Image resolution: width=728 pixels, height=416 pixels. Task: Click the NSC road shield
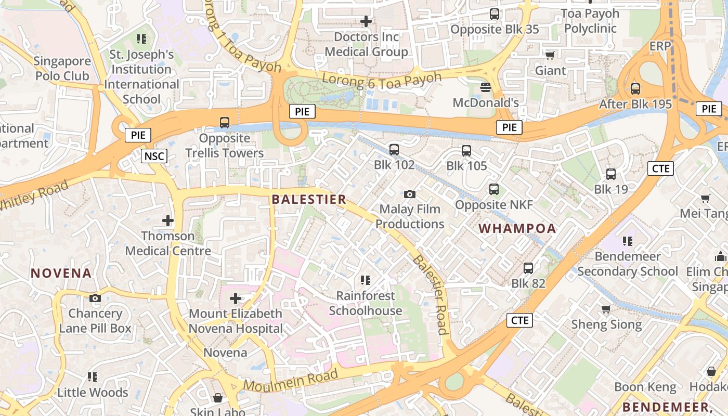tap(154, 155)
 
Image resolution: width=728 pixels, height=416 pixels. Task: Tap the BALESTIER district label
tap(309, 199)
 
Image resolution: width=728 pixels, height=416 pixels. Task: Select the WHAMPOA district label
tap(517, 228)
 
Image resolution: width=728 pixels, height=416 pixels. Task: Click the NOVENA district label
tap(61, 273)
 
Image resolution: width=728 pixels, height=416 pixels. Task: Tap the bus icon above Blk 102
tap(394, 150)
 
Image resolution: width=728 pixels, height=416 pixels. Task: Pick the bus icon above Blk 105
tap(466, 151)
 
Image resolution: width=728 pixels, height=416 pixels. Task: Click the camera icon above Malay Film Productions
tap(410, 194)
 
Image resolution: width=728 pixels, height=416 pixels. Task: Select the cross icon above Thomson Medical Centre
tap(167, 220)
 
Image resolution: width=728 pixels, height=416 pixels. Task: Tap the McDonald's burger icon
tap(486, 87)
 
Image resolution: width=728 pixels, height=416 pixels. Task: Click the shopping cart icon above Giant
tap(550, 55)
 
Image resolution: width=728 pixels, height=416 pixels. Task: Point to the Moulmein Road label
tap(291, 380)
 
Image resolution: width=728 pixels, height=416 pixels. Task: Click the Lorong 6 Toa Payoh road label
tap(382, 79)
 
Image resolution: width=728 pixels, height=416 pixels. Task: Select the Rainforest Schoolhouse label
tap(366, 303)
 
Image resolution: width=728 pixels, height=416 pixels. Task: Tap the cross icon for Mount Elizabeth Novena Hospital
tap(236, 298)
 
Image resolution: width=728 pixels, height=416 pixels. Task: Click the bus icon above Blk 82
tap(528, 268)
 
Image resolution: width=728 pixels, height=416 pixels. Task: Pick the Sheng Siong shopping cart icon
tap(606, 309)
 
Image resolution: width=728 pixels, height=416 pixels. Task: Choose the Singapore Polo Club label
tap(62, 68)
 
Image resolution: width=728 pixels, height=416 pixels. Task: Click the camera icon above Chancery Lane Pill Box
tap(95, 298)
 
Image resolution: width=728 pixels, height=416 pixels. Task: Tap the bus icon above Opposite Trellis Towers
tap(225, 123)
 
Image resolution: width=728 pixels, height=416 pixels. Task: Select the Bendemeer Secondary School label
tap(628, 264)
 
